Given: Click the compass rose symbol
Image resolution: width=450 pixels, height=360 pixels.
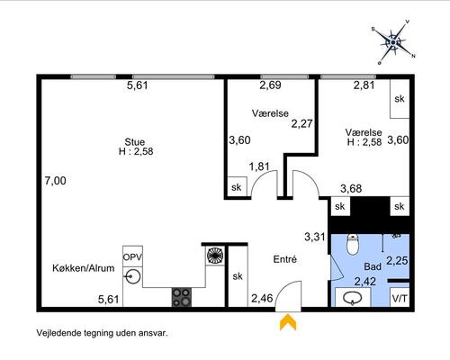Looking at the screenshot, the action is [393, 42].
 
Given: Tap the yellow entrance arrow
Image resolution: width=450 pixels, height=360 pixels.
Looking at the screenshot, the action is [288, 322].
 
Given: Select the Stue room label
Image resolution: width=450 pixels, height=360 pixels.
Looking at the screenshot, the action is [135, 141].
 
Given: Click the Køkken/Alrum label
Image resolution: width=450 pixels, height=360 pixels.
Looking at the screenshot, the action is [84, 268].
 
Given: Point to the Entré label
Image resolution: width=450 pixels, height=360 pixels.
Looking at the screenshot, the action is [285, 259].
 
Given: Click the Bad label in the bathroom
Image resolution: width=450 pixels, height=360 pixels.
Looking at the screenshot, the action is [373, 266].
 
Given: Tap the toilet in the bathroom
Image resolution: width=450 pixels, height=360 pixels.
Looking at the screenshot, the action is [353, 245].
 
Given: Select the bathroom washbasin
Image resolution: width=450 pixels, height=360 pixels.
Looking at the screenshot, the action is [353, 298].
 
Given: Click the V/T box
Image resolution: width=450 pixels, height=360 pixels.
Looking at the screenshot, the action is [400, 297].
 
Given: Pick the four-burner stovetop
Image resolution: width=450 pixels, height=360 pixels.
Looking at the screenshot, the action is [182, 297].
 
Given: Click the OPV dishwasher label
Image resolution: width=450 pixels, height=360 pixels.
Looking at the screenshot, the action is [132, 257].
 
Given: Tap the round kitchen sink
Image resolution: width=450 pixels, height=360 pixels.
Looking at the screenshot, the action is [133, 276].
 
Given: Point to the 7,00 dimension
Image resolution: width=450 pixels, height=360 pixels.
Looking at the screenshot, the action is [56, 181].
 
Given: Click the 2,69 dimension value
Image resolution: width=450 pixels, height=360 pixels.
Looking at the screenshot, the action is [271, 85].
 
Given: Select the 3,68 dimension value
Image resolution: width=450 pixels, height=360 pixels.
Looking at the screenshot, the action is [351, 189].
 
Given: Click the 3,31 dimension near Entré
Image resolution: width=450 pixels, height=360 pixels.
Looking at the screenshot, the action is [315, 237].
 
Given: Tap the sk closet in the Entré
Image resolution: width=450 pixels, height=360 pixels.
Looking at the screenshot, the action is [238, 276].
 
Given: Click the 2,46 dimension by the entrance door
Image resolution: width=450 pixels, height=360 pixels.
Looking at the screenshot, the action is [262, 298].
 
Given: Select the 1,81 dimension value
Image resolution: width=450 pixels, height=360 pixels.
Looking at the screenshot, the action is [259, 166].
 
